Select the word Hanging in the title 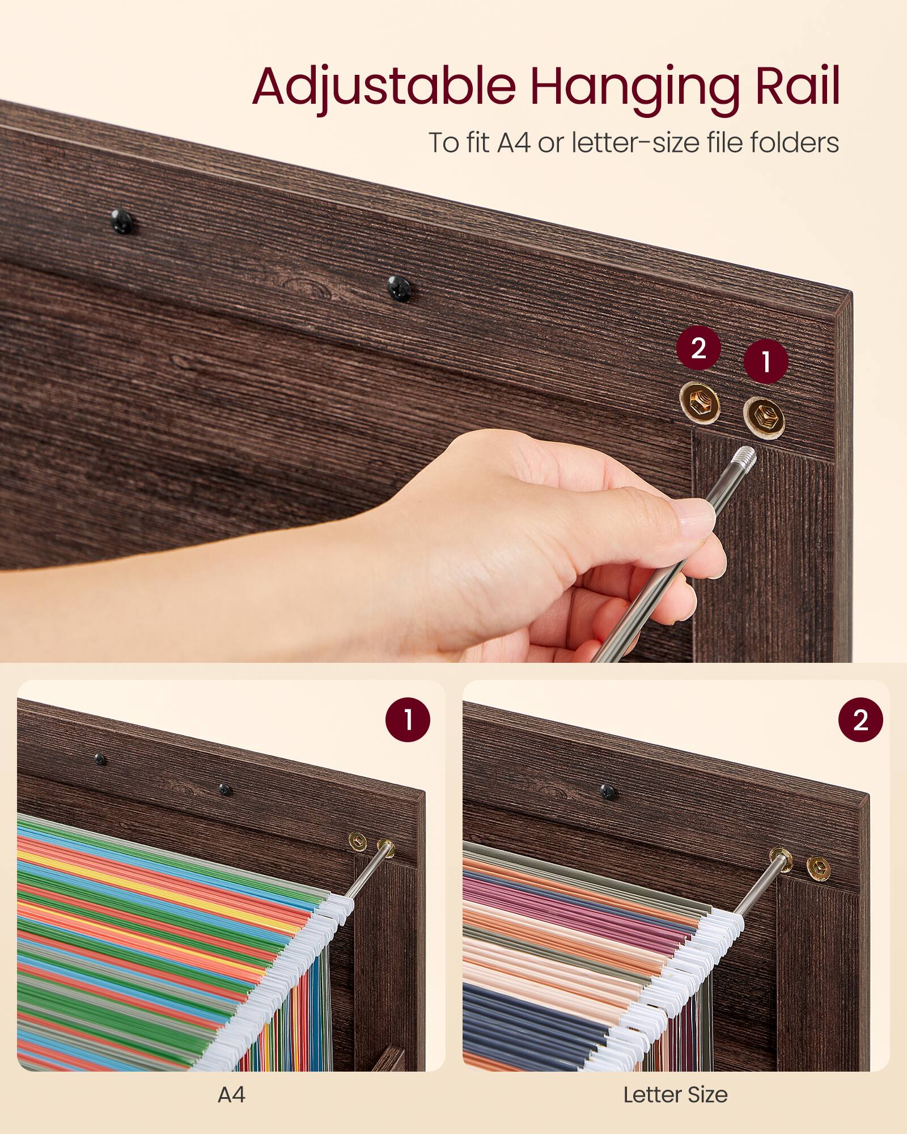click(x=634, y=88)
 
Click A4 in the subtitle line click(x=514, y=142)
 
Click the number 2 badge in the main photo click(x=698, y=348)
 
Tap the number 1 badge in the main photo click(x=766, y=362)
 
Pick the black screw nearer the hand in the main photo click(x=399, y=287)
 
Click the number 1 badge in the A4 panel click(x=408, y=720)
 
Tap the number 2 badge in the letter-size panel click(x=860, y=720)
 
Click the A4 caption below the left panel click(x=231, y=1094)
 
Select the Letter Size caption click(x=675, y=1094)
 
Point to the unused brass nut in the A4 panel click(x=358, y=841)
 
